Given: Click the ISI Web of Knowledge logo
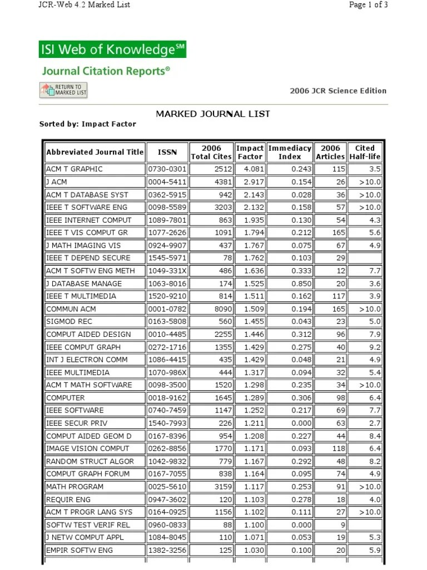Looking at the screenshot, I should (x=112, y=50).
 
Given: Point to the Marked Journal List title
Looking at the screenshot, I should (x=213, y=114).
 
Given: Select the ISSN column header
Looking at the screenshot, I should (x=167, y=152).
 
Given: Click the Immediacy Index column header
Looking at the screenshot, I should (x=289, y=152).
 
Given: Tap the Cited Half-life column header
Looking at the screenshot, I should (x=365, y=152).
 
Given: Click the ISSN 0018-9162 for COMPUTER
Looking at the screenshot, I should (x=167, y=398).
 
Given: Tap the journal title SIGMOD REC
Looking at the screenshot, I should (x=69, y=322).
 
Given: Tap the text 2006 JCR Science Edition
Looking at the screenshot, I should (x=337, y=91).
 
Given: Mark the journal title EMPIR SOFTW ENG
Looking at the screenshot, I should (x=80, y=551).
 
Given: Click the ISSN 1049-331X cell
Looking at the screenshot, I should (x=167, y=271).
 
